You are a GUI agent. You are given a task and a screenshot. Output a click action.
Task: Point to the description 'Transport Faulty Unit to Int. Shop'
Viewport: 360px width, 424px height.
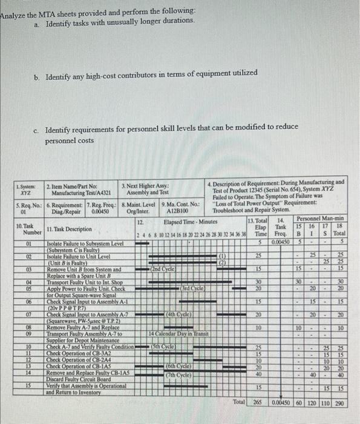85,282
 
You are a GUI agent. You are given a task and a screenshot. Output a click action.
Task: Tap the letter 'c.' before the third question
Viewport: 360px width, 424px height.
37,130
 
